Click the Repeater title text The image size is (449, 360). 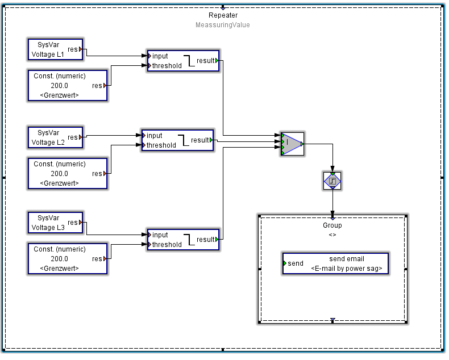point(223,15)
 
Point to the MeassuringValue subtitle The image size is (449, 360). point(223,25)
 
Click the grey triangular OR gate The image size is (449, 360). point(292,144)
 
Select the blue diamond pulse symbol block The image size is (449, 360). point(332,181)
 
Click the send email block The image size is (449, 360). point(335,263)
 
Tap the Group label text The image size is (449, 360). point(332,225)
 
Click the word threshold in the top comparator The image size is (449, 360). point(167,66)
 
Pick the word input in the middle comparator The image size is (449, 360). point(155,136)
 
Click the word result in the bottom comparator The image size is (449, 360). point(206,240)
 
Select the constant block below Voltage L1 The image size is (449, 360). point(68,85)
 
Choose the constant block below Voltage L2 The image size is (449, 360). point(68,173)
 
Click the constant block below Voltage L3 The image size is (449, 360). point(68,258)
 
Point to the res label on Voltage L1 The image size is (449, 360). point(73,49)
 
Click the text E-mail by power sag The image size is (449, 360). point(347,268)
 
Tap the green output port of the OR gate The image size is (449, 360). point(302,144)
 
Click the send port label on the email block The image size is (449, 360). point(296,263)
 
